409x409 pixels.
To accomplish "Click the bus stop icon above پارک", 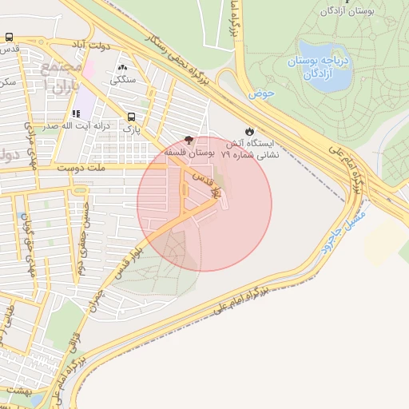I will (x=131, y=115).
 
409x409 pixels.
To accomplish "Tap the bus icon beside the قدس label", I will (x=9, y=38).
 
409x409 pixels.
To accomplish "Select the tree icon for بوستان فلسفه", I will (x=189, y=140).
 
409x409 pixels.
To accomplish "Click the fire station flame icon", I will (x=250, y=131).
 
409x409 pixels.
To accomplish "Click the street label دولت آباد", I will (x=89, y=47).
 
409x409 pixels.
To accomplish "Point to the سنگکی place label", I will (x=122, y=79).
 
